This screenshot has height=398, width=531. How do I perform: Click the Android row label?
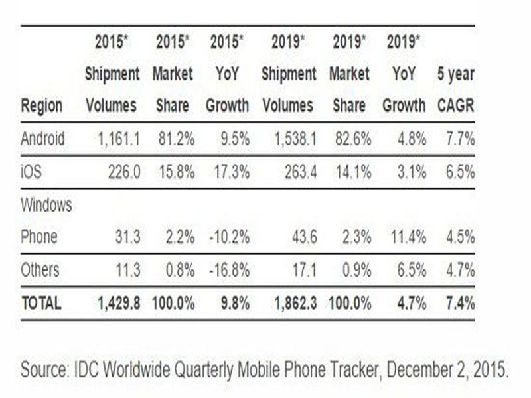42,139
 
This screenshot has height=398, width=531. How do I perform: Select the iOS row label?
31,172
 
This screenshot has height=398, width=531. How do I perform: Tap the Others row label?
40,270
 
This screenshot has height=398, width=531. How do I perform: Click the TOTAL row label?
41,303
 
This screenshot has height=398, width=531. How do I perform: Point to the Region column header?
42,106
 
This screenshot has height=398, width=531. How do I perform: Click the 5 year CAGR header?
456,90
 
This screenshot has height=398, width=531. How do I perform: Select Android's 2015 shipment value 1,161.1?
119,139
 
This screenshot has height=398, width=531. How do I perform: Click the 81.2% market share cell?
177,139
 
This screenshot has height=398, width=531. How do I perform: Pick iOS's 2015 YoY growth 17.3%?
232,172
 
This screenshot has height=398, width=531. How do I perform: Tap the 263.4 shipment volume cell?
301,172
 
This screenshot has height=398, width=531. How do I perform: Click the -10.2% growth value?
230,237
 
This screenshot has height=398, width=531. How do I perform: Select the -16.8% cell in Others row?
230,270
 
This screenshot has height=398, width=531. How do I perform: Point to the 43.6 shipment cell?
305,237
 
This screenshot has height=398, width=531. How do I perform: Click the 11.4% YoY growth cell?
408,237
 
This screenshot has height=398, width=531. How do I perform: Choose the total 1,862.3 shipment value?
295,303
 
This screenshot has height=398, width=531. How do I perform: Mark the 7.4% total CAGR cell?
461,303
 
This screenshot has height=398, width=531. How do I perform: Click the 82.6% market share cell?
353,139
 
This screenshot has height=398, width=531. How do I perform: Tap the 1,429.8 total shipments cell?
119,303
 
